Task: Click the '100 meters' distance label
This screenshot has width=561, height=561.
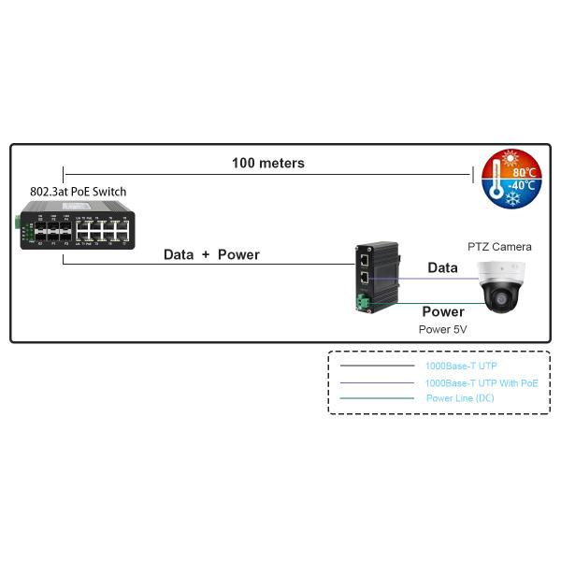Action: pyautogui.click(x=267, y=163)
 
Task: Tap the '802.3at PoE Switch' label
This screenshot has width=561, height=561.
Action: pyautogui.click(x=78, y=192)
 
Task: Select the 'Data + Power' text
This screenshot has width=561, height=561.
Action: pyautogui.click(x=211, y=254)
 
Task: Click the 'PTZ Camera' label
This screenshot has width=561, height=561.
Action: pyautogui.click(x=499, y=247)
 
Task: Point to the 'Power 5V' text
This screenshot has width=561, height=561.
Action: pyautogui.click(x=442, y=329)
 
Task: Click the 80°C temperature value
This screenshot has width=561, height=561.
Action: pyautogui.click(x=524, y=172)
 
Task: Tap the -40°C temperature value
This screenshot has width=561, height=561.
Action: pyautogui.click(x=522, y=185)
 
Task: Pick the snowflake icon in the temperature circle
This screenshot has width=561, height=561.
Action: pyautogui.click(x=512, y=199)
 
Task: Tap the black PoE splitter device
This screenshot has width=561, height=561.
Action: pyautogui.click(x=378, y=277)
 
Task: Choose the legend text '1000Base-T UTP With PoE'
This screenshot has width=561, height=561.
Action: pyautogui.click(x=482, y=383)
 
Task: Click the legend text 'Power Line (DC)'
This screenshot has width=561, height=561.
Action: pyautogui.click(x=460, y=398)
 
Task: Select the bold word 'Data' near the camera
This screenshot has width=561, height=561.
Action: pyautogui.click(x=442, y=268)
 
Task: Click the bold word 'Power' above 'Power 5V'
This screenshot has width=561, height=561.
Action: pyautogui.click(x=442, y=311)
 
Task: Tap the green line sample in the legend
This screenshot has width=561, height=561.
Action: pyautogui.click(x=376, y=398)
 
